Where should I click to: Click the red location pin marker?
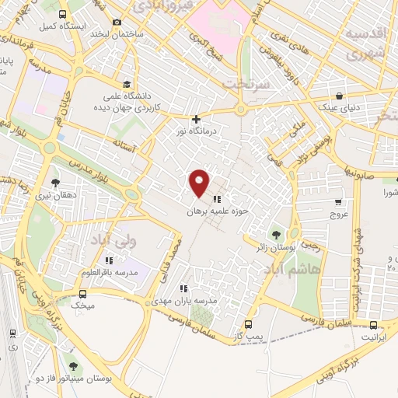pyautogui.click(x=200, y=183)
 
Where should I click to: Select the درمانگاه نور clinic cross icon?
pyautogui.click(x=196, y=119)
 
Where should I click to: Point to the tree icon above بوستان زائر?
pyautogui.click(x=275, y=233)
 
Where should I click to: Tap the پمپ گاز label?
pyautogui.click(x=247, y=337)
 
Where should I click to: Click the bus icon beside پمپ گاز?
pyautogui.click(x=248, y=324)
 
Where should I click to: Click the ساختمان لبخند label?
pyautogui.click(x=117, y=34)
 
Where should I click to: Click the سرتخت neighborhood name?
pyautogui.click(x=244, y=82)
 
